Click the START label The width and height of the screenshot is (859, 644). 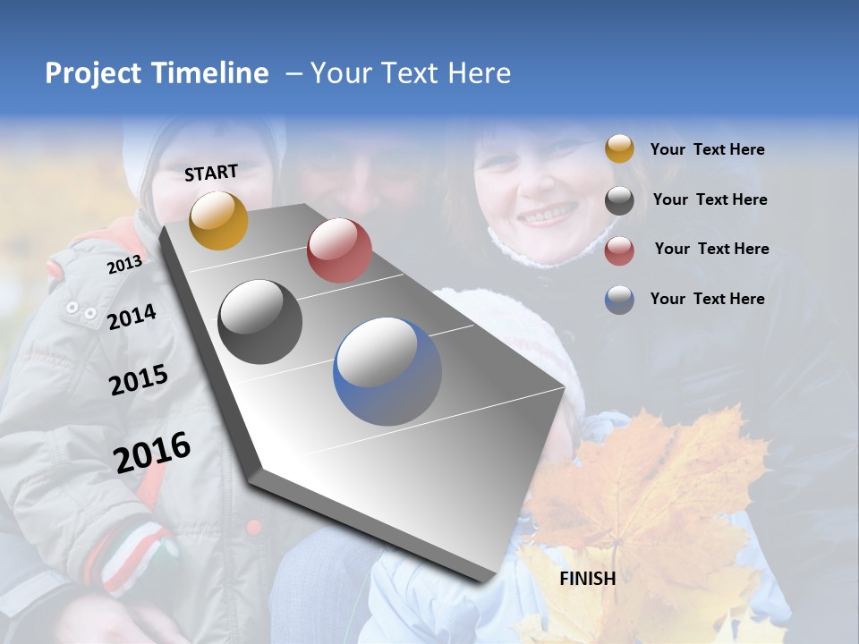click(211, 173)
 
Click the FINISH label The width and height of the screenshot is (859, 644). click(587, 579)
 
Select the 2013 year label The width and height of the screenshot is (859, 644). click(124, 265)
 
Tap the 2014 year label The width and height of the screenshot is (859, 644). click(132, 317)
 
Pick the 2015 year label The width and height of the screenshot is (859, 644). click(139, 380)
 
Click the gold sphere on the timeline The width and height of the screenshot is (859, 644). click(218, 220)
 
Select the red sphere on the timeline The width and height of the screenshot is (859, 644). click(339, 250)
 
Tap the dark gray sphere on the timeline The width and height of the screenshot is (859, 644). click(260, 322)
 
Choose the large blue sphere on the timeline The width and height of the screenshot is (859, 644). click(387, 371)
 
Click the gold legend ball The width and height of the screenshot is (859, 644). click(619, 149)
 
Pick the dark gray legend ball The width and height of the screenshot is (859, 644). click(619, 200)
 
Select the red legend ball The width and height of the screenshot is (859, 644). click(619, 250)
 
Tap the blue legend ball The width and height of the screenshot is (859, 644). click(619, 300)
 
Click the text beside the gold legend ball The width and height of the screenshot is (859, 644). click(707, 150)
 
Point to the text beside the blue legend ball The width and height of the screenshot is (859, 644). click(707, 299)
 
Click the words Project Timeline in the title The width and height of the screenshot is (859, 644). click(157, 73)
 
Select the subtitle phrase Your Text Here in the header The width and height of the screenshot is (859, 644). click(411, 73)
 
